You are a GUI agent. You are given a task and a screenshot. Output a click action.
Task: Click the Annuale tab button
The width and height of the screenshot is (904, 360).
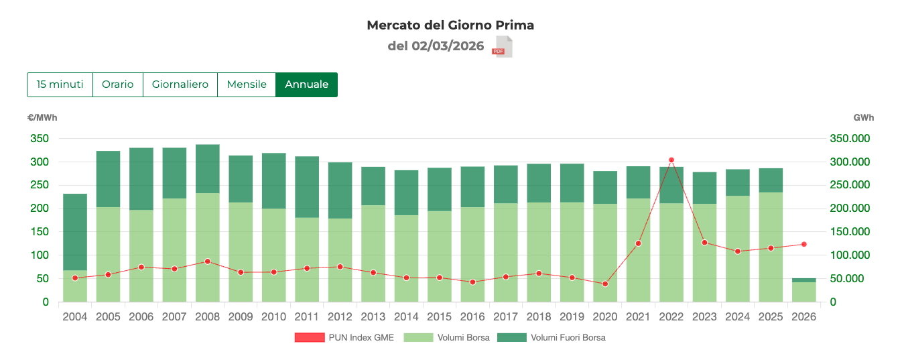(x=306, y=84)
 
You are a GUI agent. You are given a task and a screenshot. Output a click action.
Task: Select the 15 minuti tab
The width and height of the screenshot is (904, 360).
(x=60, y=84)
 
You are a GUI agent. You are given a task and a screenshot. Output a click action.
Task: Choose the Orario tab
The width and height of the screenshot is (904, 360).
(x=117, y=84)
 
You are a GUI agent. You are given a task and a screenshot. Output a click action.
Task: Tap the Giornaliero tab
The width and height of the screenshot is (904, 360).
(x=180, y=84)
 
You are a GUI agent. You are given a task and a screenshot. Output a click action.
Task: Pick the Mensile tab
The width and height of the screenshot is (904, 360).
(x=247, y=84)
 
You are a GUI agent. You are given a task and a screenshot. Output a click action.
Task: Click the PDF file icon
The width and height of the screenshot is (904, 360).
(x=503, y=47)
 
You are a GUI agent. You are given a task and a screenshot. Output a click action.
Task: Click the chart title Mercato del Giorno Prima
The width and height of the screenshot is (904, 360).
(x=450, y=25)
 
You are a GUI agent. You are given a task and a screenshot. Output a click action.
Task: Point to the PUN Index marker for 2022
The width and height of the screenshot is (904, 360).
(x=671, y=160)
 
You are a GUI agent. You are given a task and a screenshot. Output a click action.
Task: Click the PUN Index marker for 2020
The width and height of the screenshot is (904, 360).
(x=605, y=284)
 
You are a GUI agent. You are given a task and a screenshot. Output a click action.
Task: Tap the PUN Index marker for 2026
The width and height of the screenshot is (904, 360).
(x=803, y=245)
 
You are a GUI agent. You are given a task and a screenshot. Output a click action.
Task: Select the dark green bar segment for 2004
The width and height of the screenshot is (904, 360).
(x=75, y=231)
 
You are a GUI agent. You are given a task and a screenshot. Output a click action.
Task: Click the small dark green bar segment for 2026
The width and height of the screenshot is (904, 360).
(x=803, y=280)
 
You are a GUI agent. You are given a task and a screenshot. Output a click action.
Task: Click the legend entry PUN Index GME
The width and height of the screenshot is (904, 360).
(x=344, y=338)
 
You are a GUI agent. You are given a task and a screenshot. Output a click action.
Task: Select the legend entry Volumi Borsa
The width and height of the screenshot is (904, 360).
(x=447, y=338)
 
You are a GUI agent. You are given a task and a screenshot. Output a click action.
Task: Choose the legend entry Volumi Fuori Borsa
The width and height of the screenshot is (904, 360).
(x=551, y=338)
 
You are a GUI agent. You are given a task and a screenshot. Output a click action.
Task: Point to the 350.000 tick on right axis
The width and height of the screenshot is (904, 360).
(x=850, y=139)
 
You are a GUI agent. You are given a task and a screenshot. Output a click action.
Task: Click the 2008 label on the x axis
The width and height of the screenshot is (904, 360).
(x=207, y=316)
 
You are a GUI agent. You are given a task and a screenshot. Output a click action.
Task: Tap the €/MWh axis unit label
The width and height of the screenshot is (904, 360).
(x=42, y=118)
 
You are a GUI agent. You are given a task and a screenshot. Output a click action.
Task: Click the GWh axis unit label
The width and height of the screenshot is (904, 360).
(x=863, y=118)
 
